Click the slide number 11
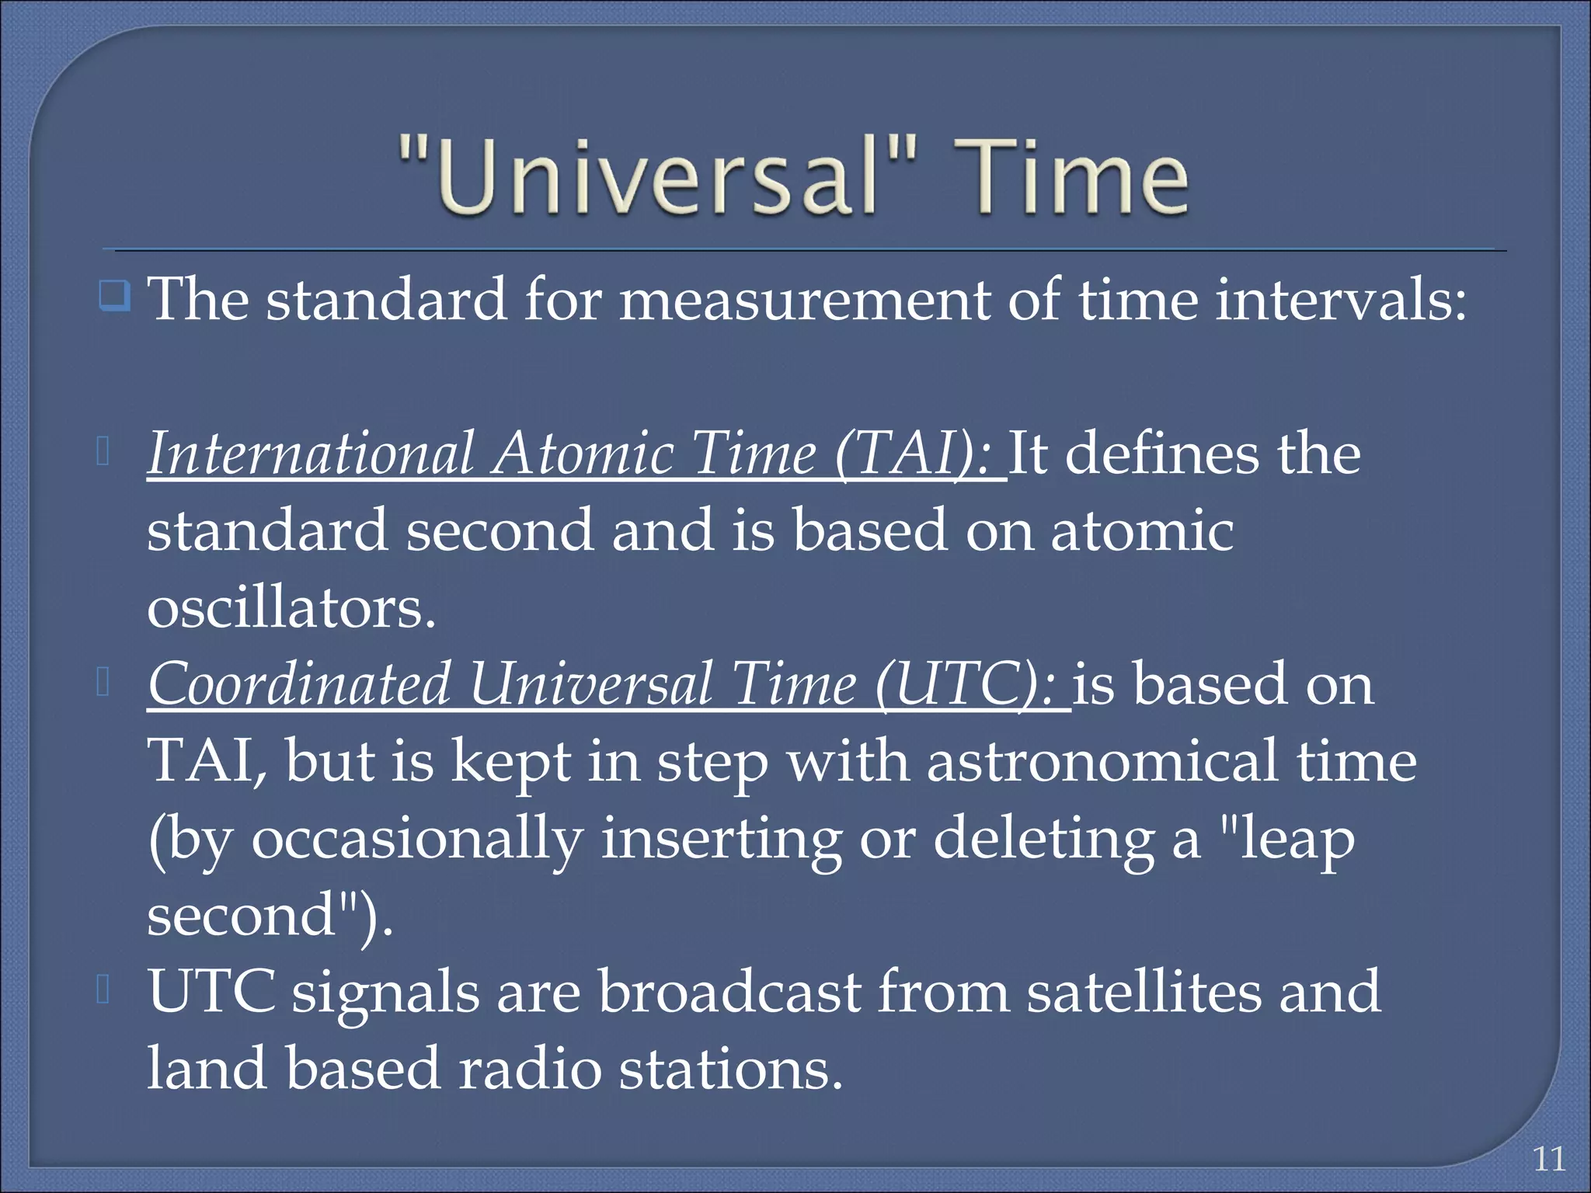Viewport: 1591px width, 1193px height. click(1549, 1159)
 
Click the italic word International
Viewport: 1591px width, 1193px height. click(311, 454)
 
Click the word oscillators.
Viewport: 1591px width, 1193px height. click(291, 608)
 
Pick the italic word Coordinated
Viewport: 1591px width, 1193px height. click(300, 685)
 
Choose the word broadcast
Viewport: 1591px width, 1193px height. click(730, 993)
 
